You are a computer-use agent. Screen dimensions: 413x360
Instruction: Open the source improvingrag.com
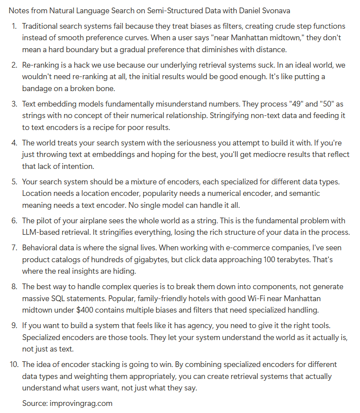tap(81, 403)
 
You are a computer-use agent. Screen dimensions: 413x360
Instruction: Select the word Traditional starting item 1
tap(42, 26)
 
